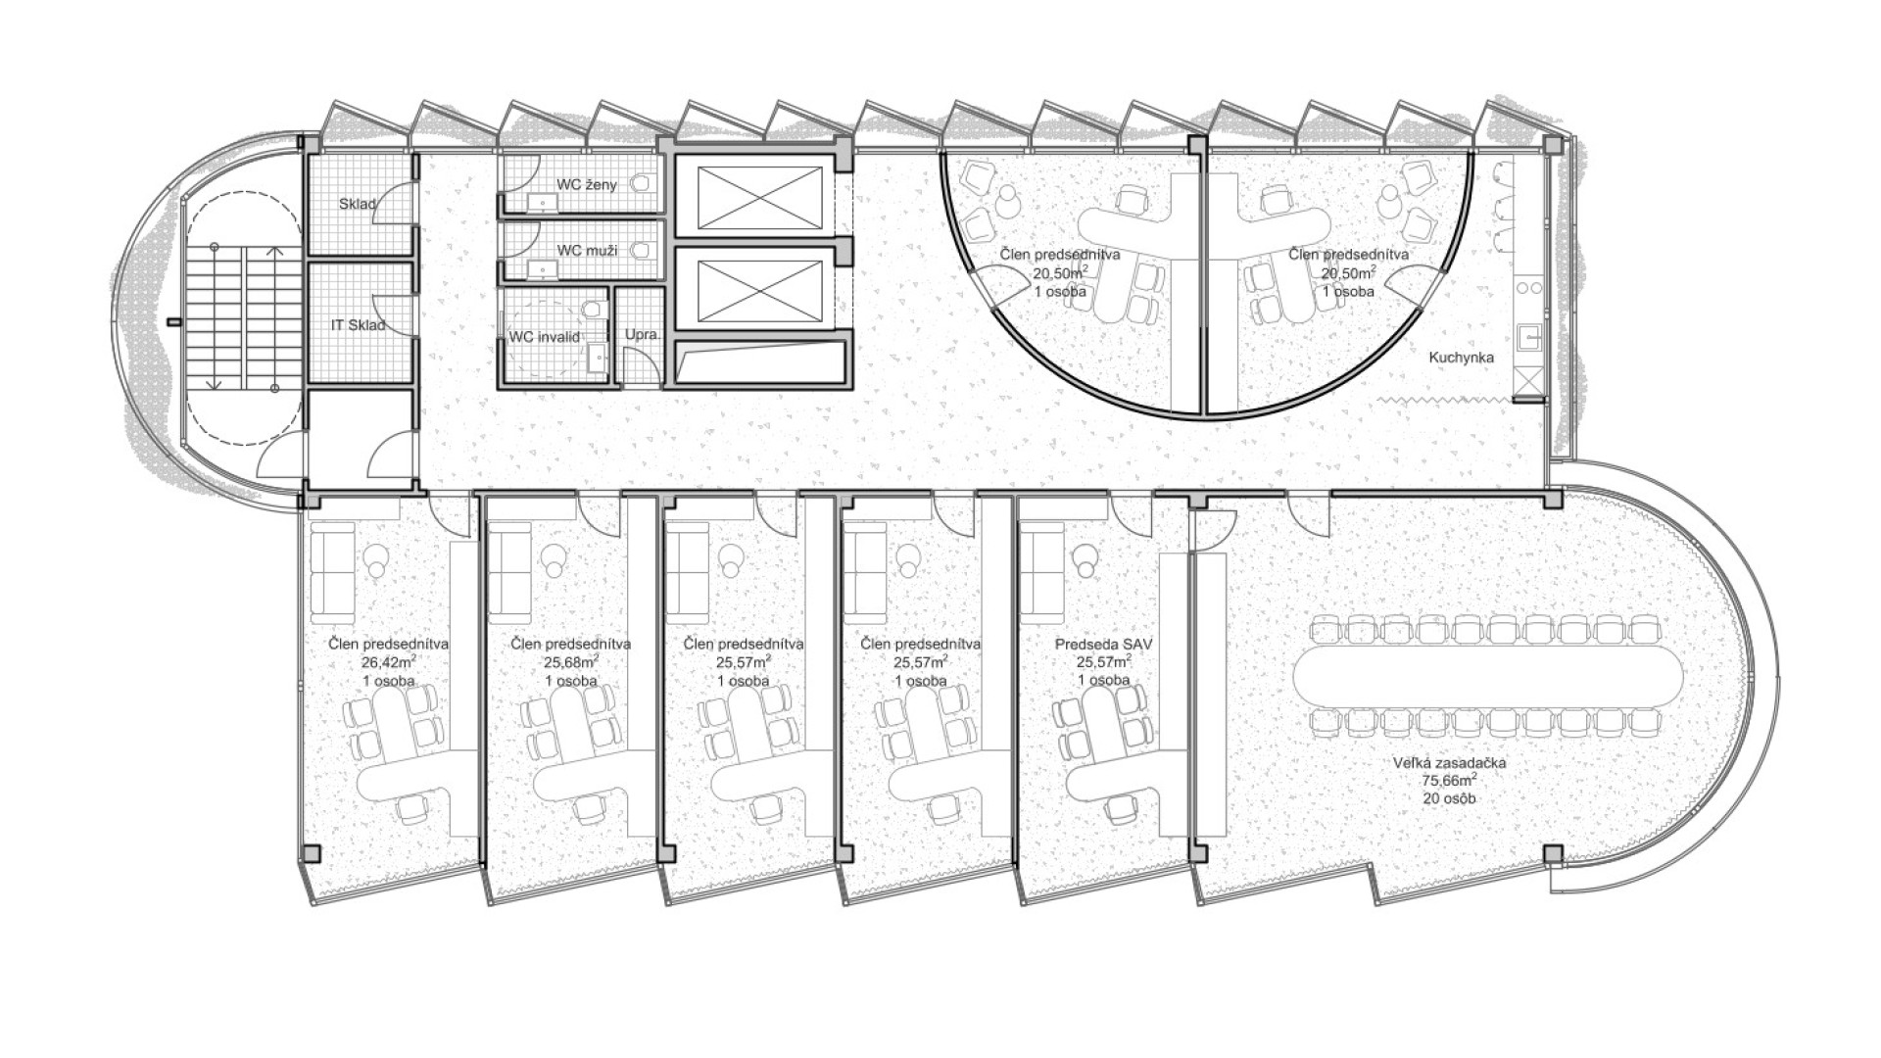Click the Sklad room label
click(359, 205)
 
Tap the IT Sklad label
click(358, 324)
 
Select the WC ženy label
click(587, 184)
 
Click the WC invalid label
click(545, 337)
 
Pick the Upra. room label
click(643, 334)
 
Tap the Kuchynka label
click(1461, 358)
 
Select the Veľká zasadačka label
click(1450, 762)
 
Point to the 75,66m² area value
click(1450, 781)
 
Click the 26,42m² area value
click(389, 662)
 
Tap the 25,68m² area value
click(571, 662)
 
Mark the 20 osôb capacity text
click(1450, 798)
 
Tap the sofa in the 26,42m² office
click(332, 573)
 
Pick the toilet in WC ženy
click(643, 183)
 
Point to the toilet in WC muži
click(643, 251)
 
